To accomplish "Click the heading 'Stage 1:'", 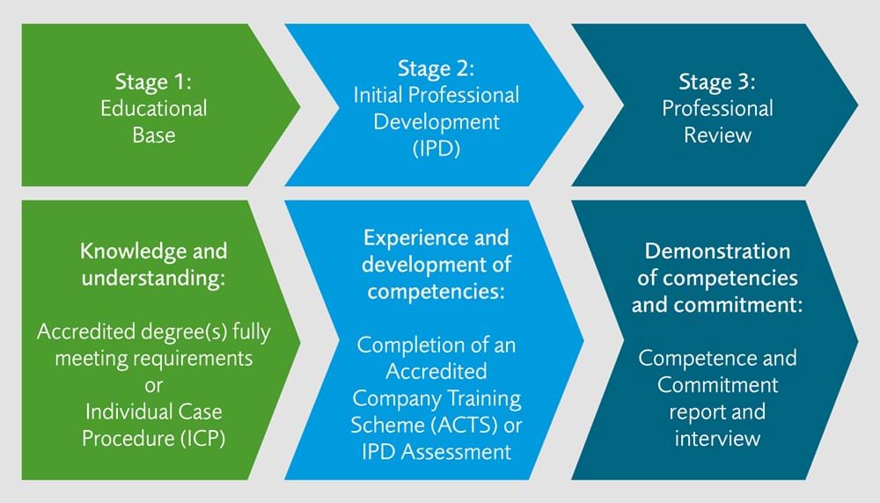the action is click(x=153, y=82).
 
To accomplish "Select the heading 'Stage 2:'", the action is click(x=436, y=69).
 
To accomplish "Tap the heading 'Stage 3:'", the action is click(x=717, y=82).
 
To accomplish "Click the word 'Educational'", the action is click(x=154, y=108).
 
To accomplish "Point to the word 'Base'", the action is click(x=154, y=135).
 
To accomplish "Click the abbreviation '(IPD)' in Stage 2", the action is click(x=436, y=149).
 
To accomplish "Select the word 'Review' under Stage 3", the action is click(x=717, y=135).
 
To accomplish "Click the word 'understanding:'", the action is click(x=153, y=278).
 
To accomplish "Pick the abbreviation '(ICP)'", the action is click(x=202, y=439).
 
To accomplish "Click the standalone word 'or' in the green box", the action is click(x=153, y=386).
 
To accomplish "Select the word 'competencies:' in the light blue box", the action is click(x=436, y=292).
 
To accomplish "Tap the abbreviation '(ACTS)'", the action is click(x=464, y=425).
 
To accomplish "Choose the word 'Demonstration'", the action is click(x=717, y=251).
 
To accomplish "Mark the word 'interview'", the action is click(x=717, y=439).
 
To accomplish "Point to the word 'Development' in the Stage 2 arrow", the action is click(x=436, y=122).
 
